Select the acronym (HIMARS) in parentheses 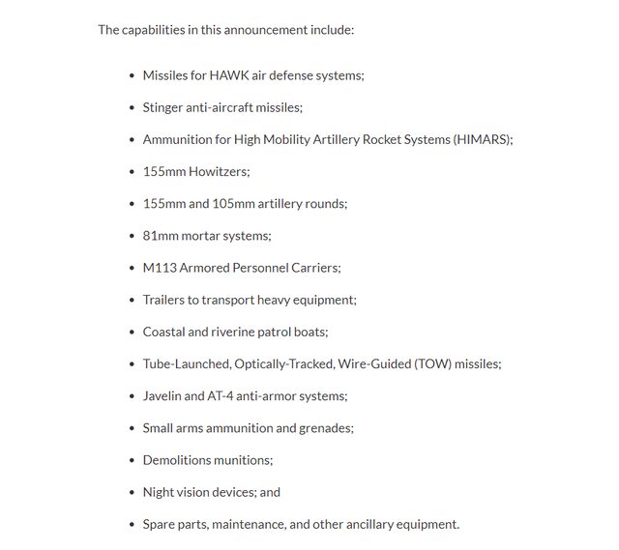click(x=482, y=139)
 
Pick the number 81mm click(x=160, y=235)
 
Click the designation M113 click(x=160, y=268)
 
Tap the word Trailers click(x=165, y=300)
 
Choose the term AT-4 click(x=222, y=395)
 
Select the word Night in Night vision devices click(x=159, y=492)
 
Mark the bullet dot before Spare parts click(x=133, y=525)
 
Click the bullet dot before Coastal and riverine click(x=133, y=333)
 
